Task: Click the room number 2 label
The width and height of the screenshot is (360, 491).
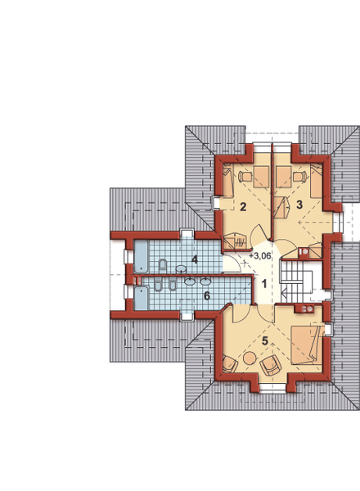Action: [x=243, y=207]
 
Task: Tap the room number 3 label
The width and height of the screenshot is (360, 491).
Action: [x=299, y=205]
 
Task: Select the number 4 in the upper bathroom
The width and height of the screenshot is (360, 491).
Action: [x=195, y=259]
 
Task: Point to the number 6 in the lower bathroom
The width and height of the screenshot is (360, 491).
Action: [x=207, y=295]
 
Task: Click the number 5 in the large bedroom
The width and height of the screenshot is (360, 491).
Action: [x=265, y=340]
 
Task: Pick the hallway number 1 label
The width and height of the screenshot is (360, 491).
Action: [x=264, y=284]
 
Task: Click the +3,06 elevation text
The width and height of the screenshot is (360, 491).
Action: [x=260, y=256]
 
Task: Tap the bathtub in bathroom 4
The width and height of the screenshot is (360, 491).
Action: [x=141, y=256]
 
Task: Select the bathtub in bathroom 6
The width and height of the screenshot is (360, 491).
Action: [x=141, y=299]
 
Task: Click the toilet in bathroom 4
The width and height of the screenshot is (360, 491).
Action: [x=163, y=264]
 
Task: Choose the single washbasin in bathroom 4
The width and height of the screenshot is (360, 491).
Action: [x=182, y=268]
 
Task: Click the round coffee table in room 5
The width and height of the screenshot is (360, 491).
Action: [x=250, y=358]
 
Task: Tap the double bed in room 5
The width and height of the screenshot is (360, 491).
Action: [x=307, y=345]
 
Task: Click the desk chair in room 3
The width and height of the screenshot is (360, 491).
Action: [x=299, y=177]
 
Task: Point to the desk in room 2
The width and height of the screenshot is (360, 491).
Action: [x=261, y=177]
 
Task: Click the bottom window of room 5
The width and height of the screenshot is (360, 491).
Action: [x=272, y=388]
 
